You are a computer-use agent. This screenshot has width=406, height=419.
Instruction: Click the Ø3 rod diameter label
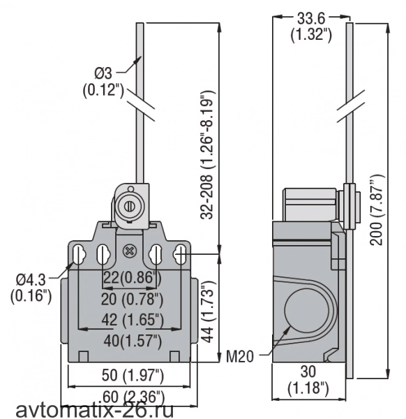coord(103,73)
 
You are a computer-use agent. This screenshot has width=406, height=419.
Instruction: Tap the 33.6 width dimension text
coord(311,18)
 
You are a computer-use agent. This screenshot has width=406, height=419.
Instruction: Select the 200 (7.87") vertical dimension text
coord(377,209)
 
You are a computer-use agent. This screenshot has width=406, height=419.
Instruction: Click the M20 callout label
coord(240,356)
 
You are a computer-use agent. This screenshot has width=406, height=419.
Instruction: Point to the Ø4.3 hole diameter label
coord(31,280)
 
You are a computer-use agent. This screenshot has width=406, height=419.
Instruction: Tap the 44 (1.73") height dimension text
coord(208,311)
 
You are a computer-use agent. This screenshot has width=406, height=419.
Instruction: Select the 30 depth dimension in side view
coord(308,372)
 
